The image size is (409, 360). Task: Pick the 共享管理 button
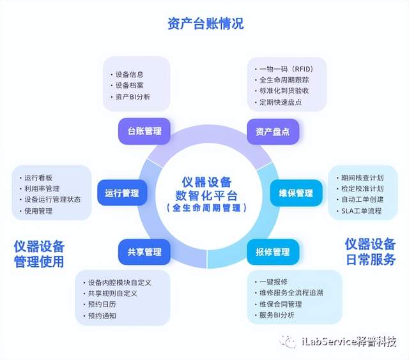(x=144, y=251)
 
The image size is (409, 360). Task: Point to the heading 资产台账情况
(x=205, y=24)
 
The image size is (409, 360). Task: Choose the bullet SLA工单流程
(x=361, y=211)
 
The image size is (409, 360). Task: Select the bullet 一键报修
(x=274, y=281)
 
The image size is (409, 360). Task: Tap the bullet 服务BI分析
(x=279, y=315)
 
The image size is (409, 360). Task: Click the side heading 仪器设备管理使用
(x=39, y=253)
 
